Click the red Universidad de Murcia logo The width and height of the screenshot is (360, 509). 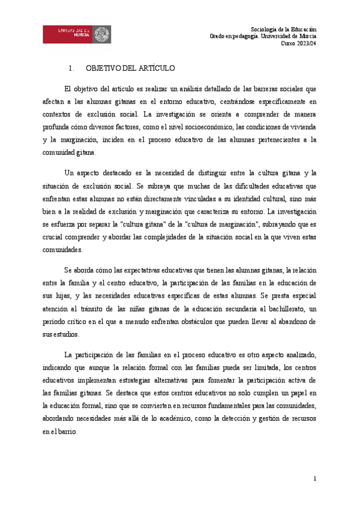(x=76, y=34)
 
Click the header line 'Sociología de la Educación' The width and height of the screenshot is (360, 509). (x=283, y=29)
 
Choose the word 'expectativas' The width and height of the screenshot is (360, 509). (x=132, y=270)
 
